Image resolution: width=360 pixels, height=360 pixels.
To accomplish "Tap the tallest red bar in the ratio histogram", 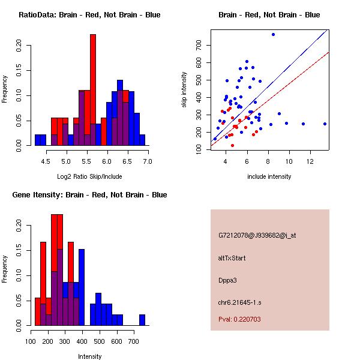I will click(x=93, y=89).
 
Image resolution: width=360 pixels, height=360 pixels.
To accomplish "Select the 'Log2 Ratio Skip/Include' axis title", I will click(x=89, y=176).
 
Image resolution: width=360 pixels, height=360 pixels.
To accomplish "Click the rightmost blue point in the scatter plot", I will click(x=325, y=124).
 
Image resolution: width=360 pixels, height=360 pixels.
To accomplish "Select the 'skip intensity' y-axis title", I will click(x=185, y=90).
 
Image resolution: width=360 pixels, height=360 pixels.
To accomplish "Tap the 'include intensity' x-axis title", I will click(x=269, y=176).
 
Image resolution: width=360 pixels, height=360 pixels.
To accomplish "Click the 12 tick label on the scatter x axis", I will click(x=311, y=161).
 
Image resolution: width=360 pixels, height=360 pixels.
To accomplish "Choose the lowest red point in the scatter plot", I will click(x=232, y=145).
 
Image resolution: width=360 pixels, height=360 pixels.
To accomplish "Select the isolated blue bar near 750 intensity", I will click(x=142, y=319).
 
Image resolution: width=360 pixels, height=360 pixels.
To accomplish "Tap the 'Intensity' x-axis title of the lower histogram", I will click(x=89, y=356).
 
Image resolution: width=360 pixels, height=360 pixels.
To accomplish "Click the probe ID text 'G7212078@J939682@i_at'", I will click(x=257, y=235).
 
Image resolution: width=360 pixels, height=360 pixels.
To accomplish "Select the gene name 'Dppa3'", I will click(x=227, y=280).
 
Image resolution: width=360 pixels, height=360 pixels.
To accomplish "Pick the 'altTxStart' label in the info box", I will click(x=232, y=258).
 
